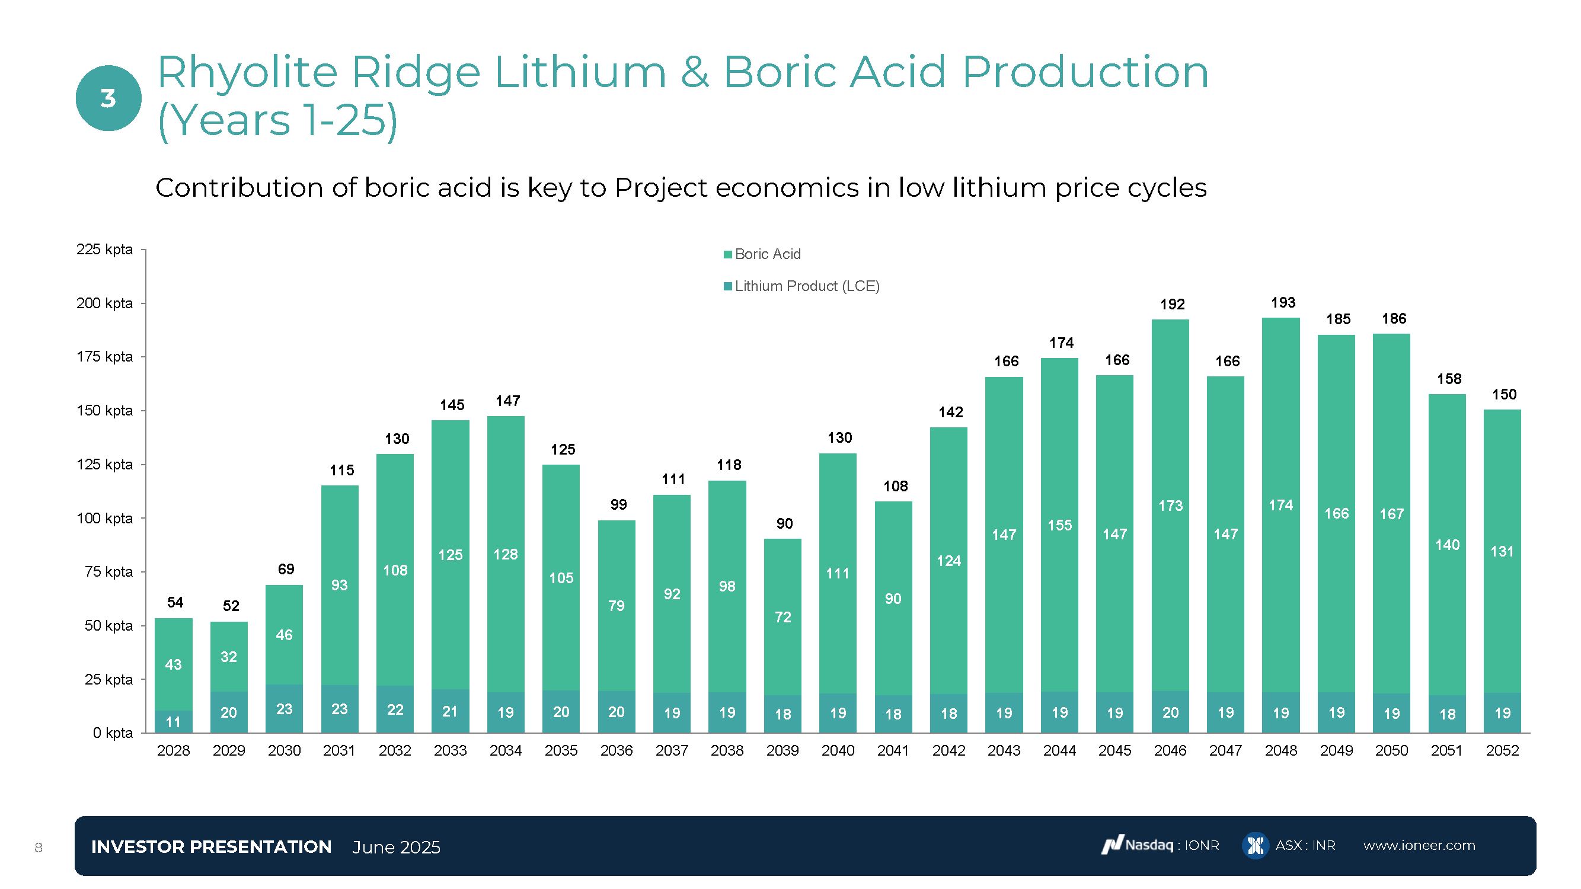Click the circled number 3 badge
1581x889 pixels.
tap(108, 98)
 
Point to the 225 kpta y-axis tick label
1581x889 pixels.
tap(104, 249)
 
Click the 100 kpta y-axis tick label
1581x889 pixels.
tap(104, 519)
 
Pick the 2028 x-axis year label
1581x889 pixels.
tap(173, 750)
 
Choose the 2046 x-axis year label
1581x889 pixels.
tap(1170, 750)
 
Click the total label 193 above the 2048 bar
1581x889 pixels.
tap(1283, 302)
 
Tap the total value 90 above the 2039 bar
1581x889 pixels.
tap(784, 523)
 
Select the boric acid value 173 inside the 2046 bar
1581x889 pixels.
tap(1170, 506)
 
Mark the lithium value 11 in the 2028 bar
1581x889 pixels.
tap(173, 722)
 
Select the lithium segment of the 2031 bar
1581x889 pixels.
tap(340, 709)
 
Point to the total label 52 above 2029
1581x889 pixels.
tap(231, 606)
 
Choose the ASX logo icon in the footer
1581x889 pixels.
tap(1255, 846)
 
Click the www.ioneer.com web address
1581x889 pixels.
tap(1419, 846)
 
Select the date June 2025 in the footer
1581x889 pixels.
tap(396, 848)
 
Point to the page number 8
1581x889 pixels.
tap(39, 848)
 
